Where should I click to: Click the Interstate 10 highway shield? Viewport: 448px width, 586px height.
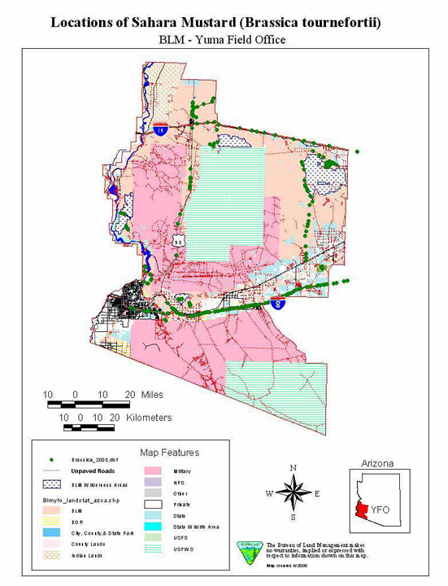coord(161,129)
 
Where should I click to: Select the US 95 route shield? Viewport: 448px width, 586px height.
coord(178,242)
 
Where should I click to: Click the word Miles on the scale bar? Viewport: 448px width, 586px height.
coord(151,395)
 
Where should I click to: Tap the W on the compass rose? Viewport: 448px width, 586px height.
coord(269,493)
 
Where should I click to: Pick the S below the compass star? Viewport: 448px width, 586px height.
coord(294,518)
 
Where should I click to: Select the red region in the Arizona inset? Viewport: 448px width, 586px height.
coord(363,509)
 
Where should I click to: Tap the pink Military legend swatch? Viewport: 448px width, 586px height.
coord(153,471)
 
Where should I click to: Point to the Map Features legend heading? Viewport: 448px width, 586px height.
coord(169,453)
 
